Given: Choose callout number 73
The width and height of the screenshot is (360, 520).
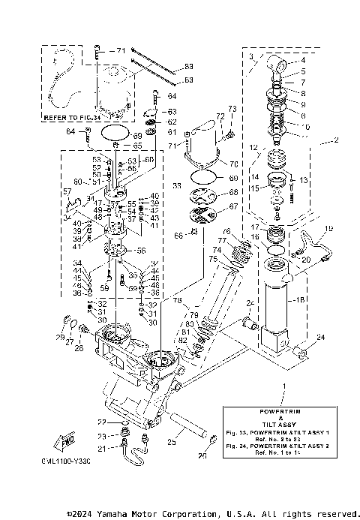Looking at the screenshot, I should click(x=231, y=110).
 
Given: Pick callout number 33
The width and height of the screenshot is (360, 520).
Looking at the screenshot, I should click(x=177, y=184).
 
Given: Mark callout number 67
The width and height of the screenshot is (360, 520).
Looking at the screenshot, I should click(x=232, y=206).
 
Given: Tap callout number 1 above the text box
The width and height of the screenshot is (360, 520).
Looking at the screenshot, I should click(x=284, y=386).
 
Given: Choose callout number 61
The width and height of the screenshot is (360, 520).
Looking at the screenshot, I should click(x=171, y=132).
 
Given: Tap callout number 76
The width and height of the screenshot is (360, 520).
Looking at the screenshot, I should click(x=226, y=231).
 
